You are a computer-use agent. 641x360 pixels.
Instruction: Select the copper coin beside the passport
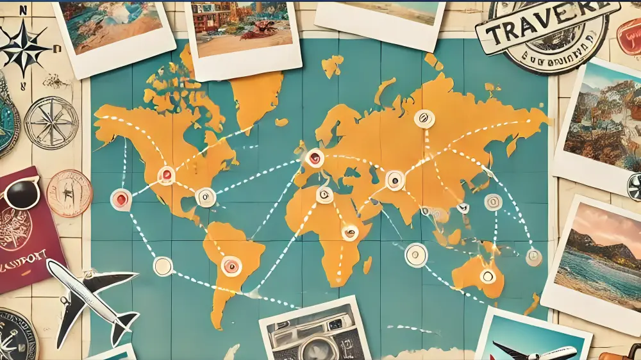coord(69,193)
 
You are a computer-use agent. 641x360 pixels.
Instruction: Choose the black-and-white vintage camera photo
coord(315,332)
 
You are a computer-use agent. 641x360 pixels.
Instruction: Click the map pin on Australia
coord(488,276)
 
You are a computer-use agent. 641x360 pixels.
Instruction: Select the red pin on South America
coord(231,265)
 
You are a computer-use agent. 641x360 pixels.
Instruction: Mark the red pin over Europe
coord(314,158)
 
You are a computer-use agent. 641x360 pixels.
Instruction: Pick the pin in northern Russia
coord(424,119)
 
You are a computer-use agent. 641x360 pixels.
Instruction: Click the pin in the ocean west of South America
coord(163,266)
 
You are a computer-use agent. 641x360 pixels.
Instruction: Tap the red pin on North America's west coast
coord(121,199)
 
